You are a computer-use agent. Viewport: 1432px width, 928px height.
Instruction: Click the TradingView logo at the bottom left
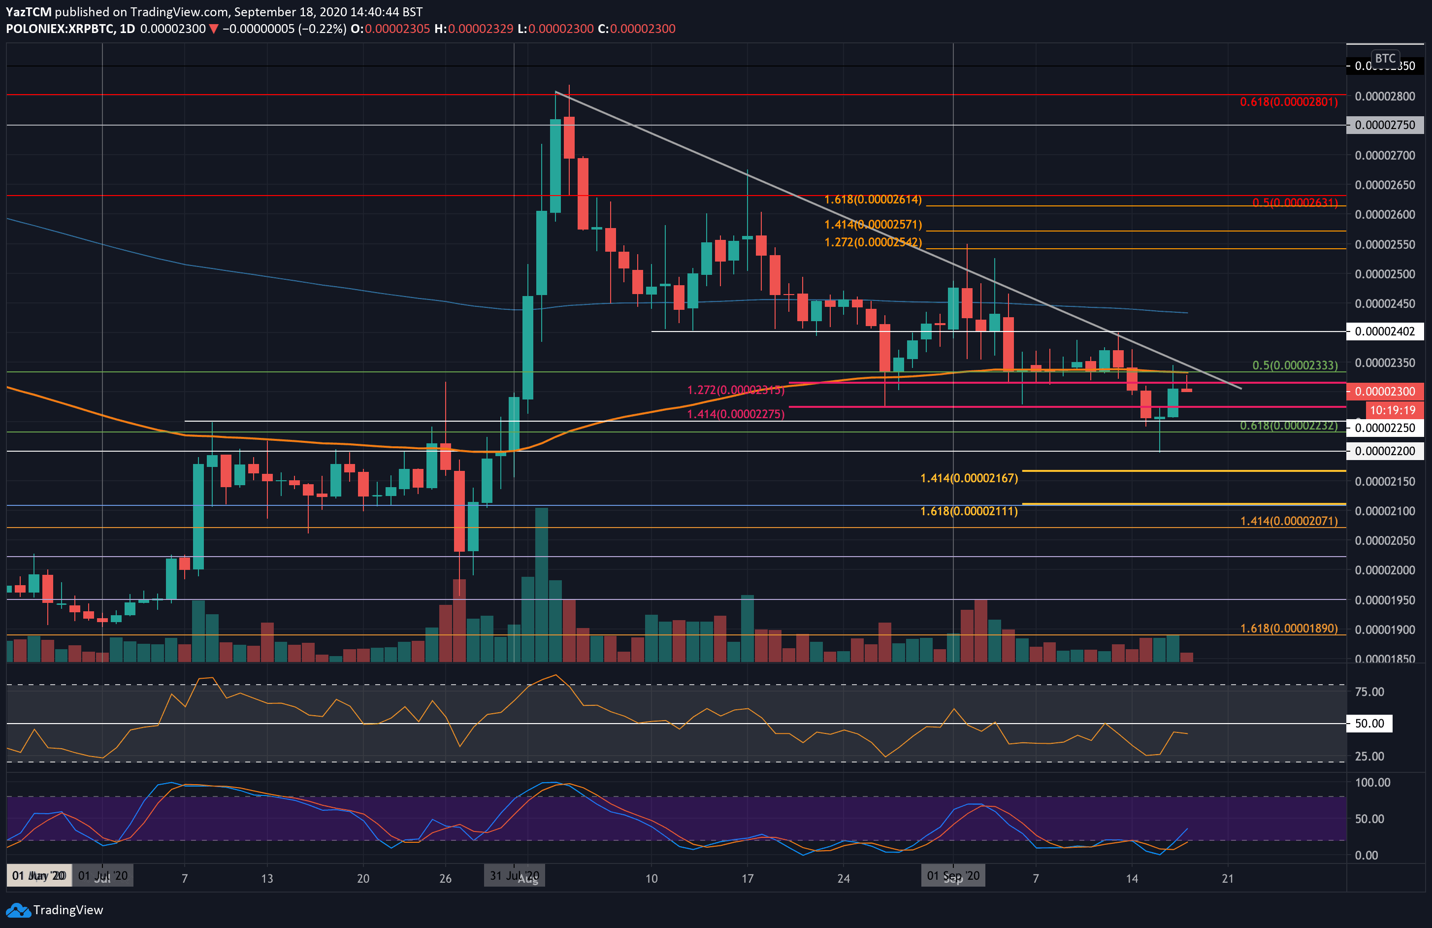tap(55, 909)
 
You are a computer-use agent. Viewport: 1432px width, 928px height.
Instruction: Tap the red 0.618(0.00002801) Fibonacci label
tap(1288, 101)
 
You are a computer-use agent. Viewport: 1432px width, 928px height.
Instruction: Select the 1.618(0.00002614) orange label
tap(873, 199)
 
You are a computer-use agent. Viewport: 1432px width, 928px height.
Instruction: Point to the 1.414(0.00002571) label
tap(873, 225)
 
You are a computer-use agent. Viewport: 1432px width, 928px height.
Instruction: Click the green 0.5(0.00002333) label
tap(1295, 365)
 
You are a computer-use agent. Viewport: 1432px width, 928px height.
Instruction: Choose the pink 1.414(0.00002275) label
tap(735, 414)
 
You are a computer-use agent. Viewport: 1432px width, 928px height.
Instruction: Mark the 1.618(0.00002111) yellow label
tap(969, 511)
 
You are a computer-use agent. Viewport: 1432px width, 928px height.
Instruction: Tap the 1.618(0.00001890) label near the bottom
tap(1288, 629)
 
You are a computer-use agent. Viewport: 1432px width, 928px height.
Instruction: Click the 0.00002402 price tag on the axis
tap(1384, 331)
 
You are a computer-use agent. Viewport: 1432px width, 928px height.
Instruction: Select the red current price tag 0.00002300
tap(1384, 391)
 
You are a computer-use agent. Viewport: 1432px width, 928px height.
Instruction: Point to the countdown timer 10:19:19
tap(1392, 410)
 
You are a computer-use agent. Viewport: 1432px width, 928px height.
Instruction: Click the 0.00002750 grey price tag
tap(1384, 125)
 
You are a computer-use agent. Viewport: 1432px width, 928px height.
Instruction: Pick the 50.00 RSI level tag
tap(1369, 724)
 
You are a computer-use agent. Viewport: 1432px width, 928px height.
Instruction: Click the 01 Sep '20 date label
tap(952, 876)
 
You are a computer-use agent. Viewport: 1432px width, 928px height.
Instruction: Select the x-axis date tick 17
tap(748, 879)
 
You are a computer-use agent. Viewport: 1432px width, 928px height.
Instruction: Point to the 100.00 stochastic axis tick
tap(1372, 782)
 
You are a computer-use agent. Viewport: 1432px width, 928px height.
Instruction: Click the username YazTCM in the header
tap(28, 12)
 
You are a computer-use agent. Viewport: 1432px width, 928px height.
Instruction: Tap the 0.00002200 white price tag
tap(1384, 451)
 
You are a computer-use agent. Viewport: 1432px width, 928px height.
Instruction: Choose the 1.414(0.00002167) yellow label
tap(969, 478)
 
